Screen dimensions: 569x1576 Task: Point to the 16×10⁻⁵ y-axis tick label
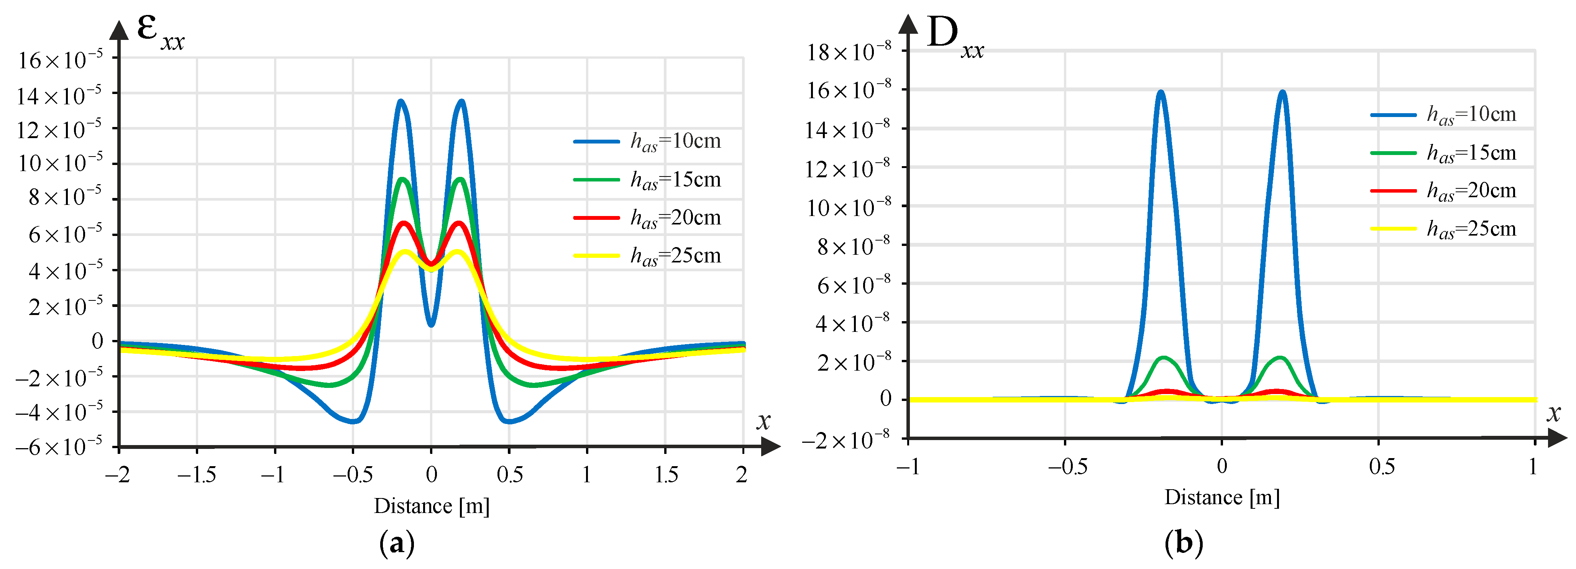(59, 60)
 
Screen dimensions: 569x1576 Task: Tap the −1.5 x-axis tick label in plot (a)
(196, 475)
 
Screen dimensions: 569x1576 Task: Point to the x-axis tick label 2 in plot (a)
(742, 475)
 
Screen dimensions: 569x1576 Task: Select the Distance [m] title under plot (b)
(1222, 497)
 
